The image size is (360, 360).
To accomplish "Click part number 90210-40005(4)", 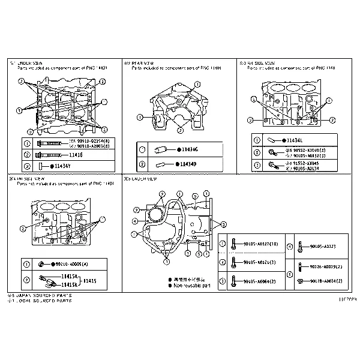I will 71,264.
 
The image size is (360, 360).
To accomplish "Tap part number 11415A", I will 70,276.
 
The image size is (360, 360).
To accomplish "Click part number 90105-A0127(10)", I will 261,244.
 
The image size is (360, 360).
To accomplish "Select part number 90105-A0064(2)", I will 260,281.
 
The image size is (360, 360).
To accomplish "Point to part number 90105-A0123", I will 323,247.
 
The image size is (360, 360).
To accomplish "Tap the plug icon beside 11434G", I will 161,149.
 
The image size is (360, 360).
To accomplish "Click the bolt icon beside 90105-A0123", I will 299,247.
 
